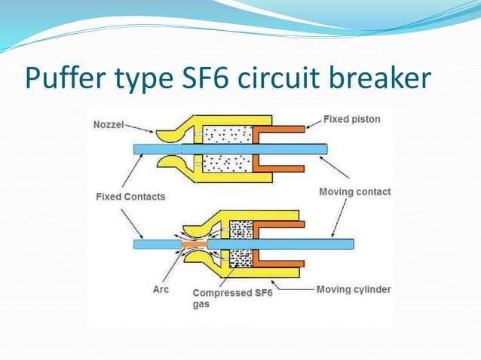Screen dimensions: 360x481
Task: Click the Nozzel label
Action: point(108,124)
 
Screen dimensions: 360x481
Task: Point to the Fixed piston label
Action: point(351,119)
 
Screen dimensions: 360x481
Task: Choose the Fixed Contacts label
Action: point(130,197)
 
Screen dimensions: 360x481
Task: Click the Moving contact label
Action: point(354,192)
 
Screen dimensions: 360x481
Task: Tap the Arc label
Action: point(161,289)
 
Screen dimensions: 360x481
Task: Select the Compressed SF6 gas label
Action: point(232,298)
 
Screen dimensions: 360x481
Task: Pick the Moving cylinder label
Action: point(354,289)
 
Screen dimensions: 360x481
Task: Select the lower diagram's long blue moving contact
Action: point(286,244)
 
